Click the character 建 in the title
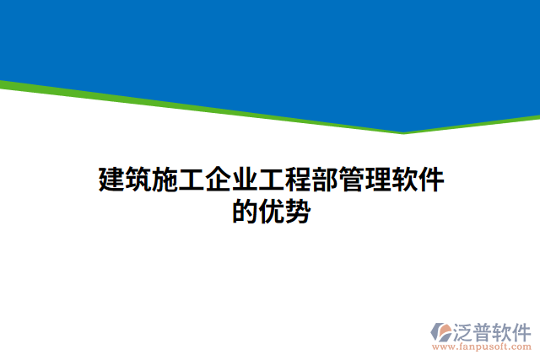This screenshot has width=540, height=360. point(112,180)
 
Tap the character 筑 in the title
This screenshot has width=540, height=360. point(139,180)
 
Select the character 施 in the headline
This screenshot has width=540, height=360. point(165,180)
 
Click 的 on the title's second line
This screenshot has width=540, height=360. point(245,211)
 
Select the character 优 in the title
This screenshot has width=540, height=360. point(271,211)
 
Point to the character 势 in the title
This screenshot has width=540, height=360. point(297,211)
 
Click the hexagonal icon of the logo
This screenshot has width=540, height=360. point(441,330)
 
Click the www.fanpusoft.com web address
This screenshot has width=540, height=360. point(481,347)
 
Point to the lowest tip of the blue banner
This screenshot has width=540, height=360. point(403,130)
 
